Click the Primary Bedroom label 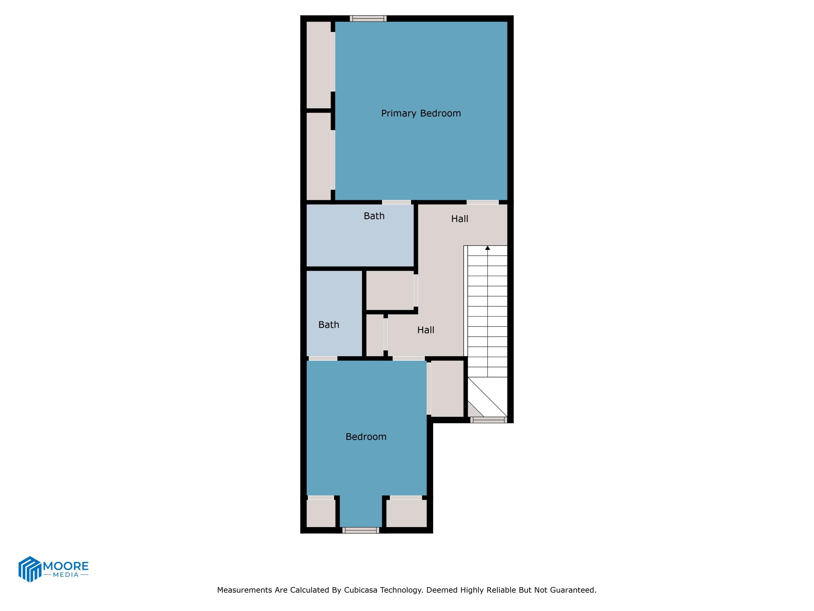point(421,114)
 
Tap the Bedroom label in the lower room point(366,437)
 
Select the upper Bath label point(374,216)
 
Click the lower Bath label point(329,325)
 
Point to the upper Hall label point(460,219)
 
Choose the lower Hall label point(425,330)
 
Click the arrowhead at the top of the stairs point(488,248)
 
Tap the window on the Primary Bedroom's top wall point(368,18)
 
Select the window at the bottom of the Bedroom point(361,530)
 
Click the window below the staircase point(489,420)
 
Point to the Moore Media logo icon point(29,569)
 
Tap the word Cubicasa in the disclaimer point(361,590)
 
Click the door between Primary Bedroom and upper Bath point(396,202)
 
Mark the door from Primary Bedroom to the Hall point(482,202)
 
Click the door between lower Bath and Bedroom point(323,358)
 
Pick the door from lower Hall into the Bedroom point(408,358)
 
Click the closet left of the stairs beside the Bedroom point(447,389)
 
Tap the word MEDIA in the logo point(66,575)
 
